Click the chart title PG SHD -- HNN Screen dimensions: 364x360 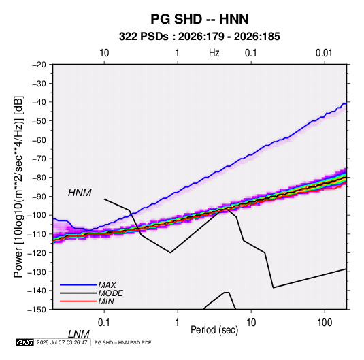click(x=199, y=19)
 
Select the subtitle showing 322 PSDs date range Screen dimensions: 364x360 click(x=199, y=37)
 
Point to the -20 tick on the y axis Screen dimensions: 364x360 click(x=39, y=65)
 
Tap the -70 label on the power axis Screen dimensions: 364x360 click(x=39, y=159)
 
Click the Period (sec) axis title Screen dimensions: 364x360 click(x=214, y=330)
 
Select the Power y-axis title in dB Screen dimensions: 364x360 click(x=19, y=186)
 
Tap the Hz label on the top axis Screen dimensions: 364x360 click(x=214, y=53)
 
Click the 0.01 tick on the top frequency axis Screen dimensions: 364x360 click(x=324, y=53)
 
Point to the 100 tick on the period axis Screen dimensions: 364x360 click(x=325, y=323)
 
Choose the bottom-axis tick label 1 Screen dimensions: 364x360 click(x=178, y=323)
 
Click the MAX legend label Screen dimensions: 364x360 click(x=107, y=284)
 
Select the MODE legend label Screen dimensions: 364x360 click(x=110, y=293)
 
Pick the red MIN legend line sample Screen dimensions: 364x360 click(x=78, y=301)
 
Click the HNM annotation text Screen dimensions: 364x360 click(x=80, y=193)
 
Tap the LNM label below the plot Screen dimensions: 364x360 click(x=79, y=334)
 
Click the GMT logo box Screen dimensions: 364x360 click(x=25, y=342)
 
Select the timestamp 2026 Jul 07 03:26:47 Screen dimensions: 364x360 click(x=62, y=342)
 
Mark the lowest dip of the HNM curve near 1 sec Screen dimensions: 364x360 click(x=170, y=252)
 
